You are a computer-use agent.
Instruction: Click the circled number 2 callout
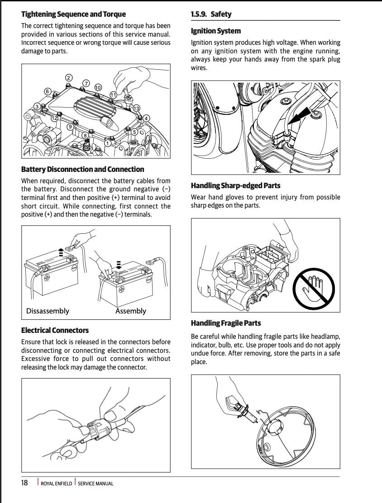tap(69, 77)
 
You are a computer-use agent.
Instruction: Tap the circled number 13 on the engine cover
tap(136, 108)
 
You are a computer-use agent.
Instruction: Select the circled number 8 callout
tap(85, 135)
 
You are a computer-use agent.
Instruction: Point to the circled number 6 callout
tap(48, 91)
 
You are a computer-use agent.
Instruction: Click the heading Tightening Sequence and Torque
tap(73, 14)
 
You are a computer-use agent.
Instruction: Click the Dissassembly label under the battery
tap(48, 311)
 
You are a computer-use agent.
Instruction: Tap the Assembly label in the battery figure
tap(131, 311)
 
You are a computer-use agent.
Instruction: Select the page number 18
tap(24, 483)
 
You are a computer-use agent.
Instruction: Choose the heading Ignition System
tap(215, 31)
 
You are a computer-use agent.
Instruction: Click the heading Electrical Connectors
tap(55, 330)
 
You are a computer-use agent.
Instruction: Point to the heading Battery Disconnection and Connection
tap(82, 169)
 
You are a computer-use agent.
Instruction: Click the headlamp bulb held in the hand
tap(239, 404)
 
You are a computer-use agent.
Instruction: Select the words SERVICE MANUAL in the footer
tap(95, 484)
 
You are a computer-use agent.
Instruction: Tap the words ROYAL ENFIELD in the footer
tap(56, 484)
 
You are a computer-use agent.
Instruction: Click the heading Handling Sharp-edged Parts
tap(235, 185)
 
